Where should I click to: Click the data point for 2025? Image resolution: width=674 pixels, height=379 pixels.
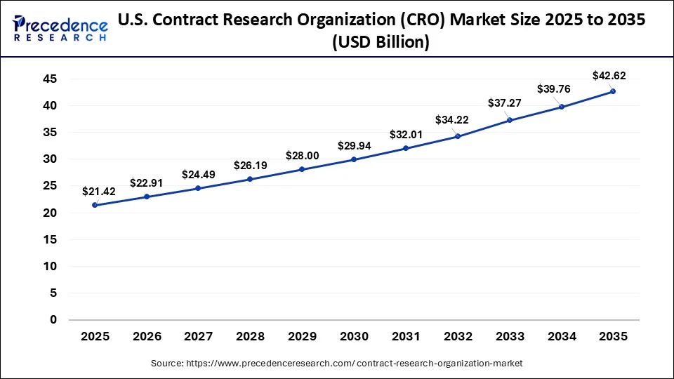coord(95,205)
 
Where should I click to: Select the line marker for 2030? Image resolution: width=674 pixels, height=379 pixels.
coord(354,159)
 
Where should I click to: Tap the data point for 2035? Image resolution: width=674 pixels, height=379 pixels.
coord(612,91)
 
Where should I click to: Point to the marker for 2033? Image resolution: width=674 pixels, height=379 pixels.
coord(509,120)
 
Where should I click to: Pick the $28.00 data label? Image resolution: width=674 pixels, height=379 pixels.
coord(302,155)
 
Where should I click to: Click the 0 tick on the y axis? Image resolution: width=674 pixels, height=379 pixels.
coord(53,320)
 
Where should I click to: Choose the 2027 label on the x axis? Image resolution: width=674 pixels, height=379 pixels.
coord(198,336)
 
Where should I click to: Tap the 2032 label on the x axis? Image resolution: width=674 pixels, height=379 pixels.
coord(457,336)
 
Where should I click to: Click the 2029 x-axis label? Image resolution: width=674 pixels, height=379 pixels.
coord(302,336)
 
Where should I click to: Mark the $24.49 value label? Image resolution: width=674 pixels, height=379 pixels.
coord(199,174)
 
